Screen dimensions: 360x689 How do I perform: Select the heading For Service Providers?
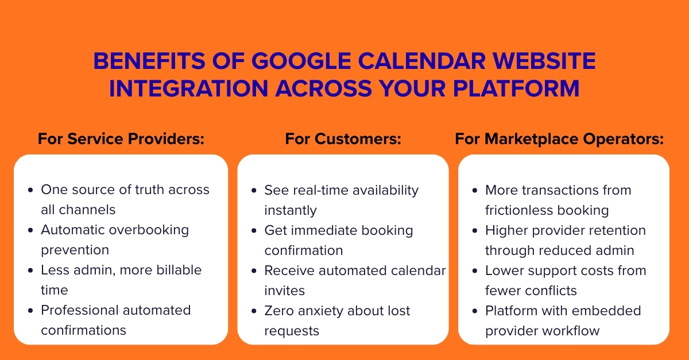121,139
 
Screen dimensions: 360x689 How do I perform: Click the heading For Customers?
343,139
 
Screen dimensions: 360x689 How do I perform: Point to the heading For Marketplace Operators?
559,139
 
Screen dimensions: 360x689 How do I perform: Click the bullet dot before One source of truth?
30,190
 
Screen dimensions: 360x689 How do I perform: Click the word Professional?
78,310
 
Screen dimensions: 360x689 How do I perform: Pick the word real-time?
320,190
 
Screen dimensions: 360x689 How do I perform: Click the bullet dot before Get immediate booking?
253,230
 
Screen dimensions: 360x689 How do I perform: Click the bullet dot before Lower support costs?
474,270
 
